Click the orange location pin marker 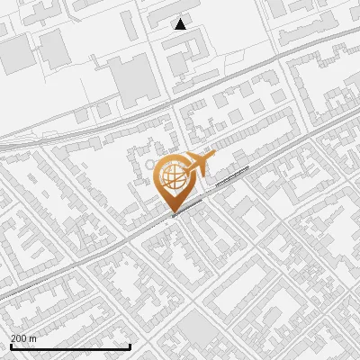173,179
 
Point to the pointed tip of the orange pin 173,212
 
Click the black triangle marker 181,24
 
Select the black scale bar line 70,346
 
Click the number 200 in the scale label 19,338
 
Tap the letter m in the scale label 33,338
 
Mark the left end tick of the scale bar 11,345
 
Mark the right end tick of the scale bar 130,345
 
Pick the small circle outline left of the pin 151,165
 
